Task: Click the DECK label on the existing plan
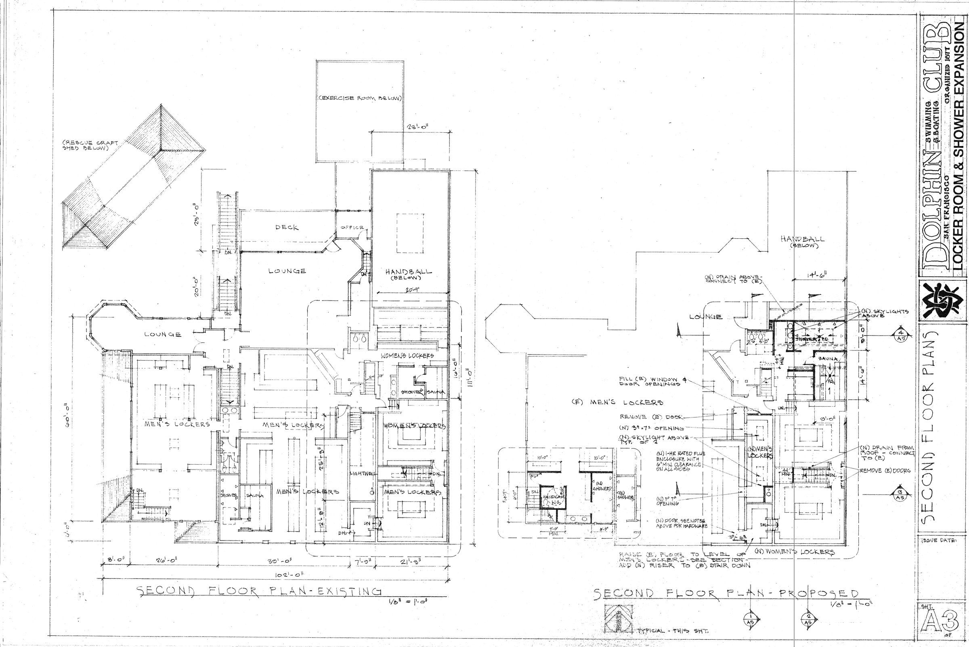(287, 227)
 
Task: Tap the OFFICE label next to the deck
(352, 228)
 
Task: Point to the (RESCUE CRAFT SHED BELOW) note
(90, 146)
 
